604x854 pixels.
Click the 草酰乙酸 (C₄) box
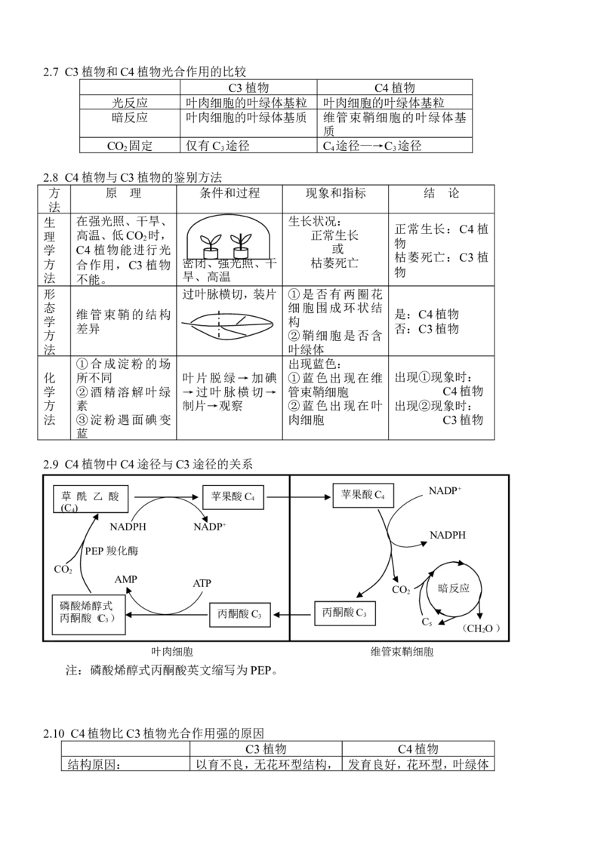[91, 499]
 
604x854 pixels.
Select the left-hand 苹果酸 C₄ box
[233, 497]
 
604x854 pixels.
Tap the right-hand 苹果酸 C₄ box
[363, 495]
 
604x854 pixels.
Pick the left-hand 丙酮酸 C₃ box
[239, 614]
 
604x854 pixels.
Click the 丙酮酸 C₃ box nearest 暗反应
[344, 613]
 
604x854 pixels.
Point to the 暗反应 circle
[454, 588]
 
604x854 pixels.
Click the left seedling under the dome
[210, 243]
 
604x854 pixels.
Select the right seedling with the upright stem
[241, 241]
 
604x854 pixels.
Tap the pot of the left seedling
[210, 253]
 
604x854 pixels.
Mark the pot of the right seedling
[241, 253]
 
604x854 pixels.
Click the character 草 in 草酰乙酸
[66, 496]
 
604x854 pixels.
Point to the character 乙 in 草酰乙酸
[97, 496]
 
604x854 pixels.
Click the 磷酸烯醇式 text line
[87, 605]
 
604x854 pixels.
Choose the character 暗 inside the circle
[443, 588]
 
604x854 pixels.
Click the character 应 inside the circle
[464, 588]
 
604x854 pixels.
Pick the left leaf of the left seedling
[205, 240]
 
